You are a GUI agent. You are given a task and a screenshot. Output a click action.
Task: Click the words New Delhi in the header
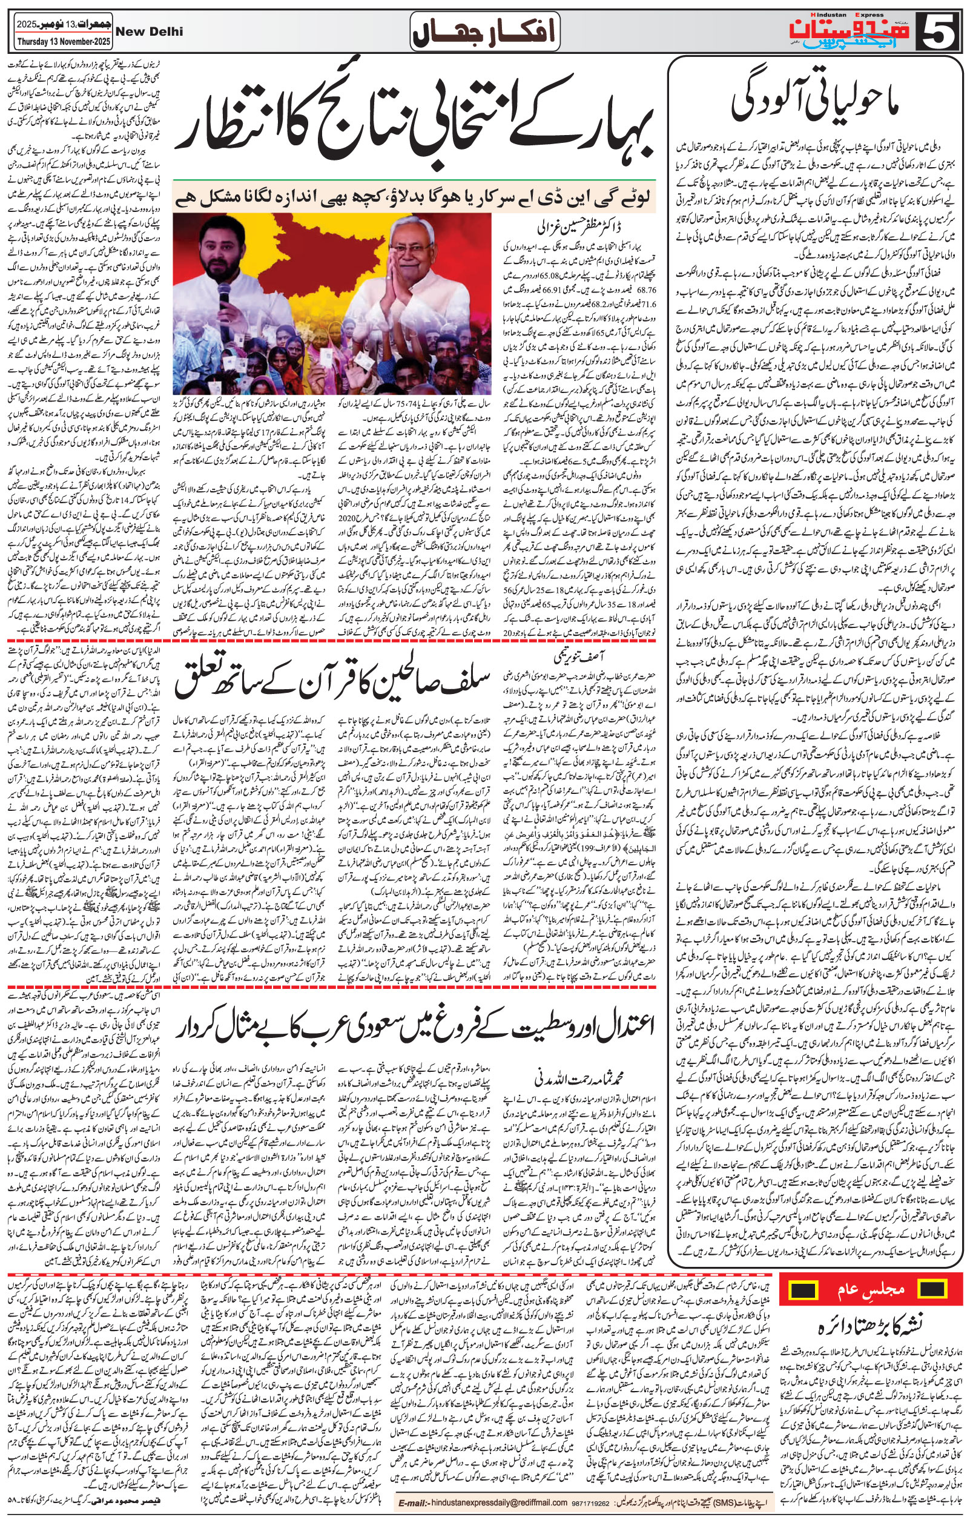pyautogui.click(x=150, y=31)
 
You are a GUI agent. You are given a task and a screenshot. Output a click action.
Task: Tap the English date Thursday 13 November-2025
pyautogui.click(x=55, y=44)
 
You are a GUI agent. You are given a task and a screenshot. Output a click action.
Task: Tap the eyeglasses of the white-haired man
pyautogui.click(x=417, y=247)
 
